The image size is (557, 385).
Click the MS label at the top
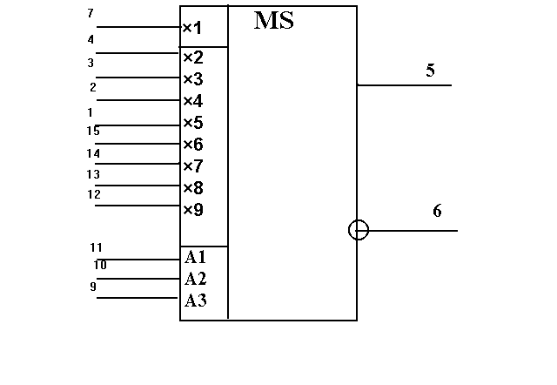274,20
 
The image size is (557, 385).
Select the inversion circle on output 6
359,220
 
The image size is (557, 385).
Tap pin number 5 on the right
430,70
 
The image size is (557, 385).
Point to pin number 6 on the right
437,211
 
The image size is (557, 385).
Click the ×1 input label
192,28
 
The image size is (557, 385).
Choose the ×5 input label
193,123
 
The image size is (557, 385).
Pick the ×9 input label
193,210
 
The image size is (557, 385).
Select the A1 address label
195,257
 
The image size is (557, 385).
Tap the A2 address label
195,279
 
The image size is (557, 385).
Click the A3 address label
195,301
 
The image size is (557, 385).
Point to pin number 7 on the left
91,13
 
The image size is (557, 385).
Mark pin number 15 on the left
93,132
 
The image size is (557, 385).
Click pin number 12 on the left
94,194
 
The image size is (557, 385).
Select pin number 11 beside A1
96,247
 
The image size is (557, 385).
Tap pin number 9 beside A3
93,287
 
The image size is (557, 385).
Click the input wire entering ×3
138,78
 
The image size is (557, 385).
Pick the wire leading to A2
138,279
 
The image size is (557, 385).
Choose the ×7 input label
193,166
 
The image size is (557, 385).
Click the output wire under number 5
404,85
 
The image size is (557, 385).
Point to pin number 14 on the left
93,153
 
